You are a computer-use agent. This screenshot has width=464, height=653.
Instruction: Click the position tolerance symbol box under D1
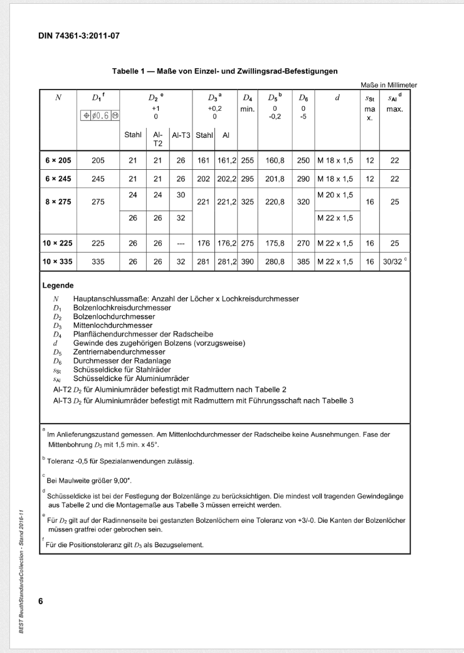tap(98, 115)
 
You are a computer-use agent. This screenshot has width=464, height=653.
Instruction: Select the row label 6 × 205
tap(58, 160)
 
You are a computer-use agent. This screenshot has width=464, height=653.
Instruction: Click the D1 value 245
tap(98, 178)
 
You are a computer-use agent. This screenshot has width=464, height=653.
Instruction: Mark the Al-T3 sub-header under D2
tap(181, 134)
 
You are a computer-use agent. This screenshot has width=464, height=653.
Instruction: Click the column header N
tap(58, 97)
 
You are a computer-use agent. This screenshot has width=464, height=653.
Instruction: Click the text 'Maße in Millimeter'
tap(389, 85)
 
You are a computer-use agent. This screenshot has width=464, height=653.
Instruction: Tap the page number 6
tap(41, 602)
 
